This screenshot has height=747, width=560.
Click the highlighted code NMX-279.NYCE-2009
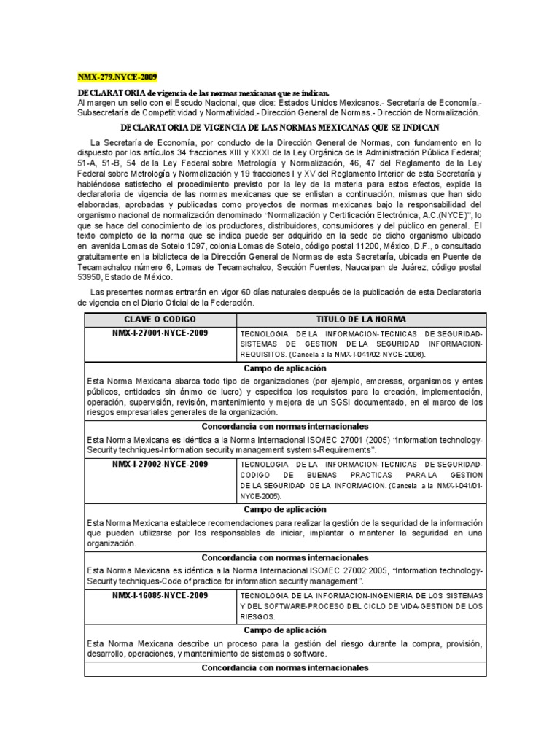pyautogui.click(x=117, y=77)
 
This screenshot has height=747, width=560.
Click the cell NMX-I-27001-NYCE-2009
pyautogui.click(x=160, y=333)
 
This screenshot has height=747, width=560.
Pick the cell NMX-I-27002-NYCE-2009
pyautogui.click(x=160, y=464)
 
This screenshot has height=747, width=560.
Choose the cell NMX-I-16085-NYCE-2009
pyautogui.click(x=160, y=595)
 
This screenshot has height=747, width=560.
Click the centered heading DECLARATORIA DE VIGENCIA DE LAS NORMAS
pyautogui.click(x=280, y=127)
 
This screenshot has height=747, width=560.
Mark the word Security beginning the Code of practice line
pyautogui.click(x=106, y=581)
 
